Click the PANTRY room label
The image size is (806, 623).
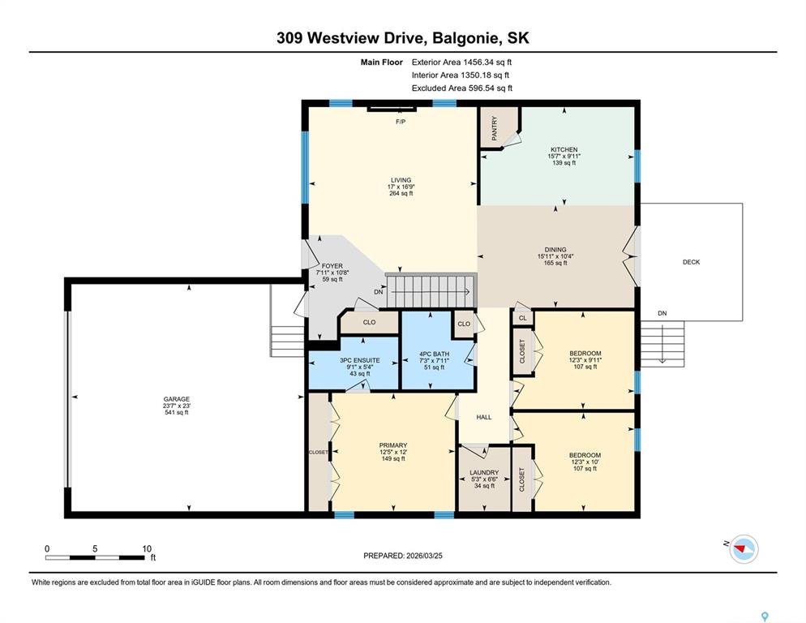coord(494,128)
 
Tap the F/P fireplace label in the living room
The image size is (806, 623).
coord(401,122)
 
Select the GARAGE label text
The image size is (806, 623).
coord(177,398)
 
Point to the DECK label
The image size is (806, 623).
coord(691,262)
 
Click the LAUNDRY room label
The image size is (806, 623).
coord(484,472)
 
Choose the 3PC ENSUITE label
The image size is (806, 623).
coord(360,360)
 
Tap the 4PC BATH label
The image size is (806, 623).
coord(435,354)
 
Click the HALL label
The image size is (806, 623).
coord(484,417)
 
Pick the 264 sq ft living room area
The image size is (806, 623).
coord(401,193)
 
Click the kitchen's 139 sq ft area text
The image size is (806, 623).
coord(564,162)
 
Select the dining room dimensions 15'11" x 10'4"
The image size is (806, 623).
coord(555,256)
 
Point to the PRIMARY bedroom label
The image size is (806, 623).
coord(393,445)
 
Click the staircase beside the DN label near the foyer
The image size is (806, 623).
coord(431,291)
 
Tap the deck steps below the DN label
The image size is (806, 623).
coord(662,344)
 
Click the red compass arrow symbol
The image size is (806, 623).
coord(740,549)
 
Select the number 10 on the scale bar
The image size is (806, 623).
coord(147,549)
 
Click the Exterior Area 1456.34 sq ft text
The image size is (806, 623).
coord(461,62)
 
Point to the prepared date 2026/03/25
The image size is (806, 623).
coord(425,556)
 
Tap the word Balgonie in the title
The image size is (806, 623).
coord(465,38)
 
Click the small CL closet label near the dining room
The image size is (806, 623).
coord(523,318)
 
